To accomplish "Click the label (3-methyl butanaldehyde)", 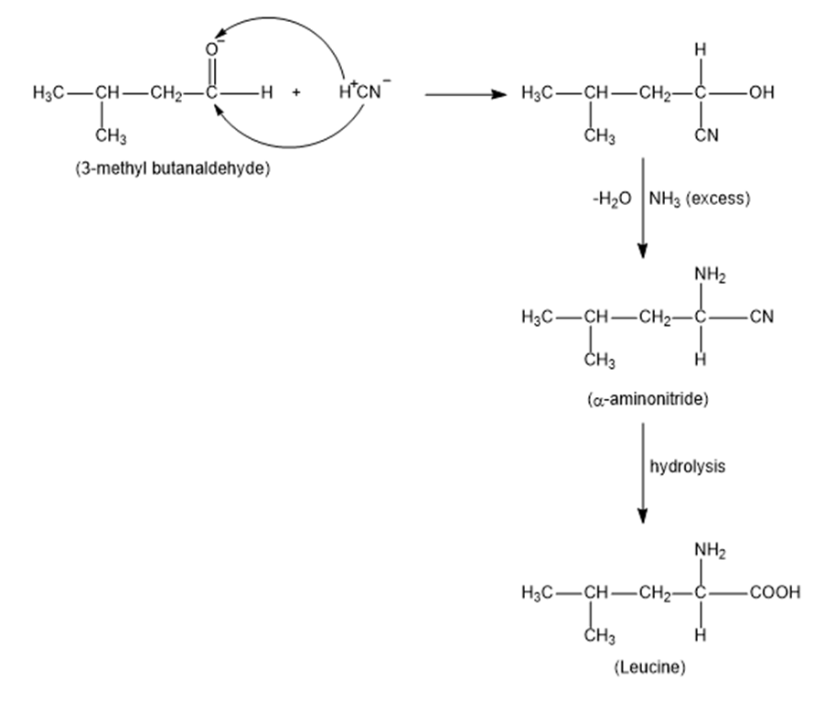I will (172, 170).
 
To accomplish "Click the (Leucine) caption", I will (648, 667).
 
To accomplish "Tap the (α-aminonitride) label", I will (648, 400).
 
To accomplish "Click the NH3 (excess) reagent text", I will (700, 199).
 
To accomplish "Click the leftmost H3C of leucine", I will (534, 592).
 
